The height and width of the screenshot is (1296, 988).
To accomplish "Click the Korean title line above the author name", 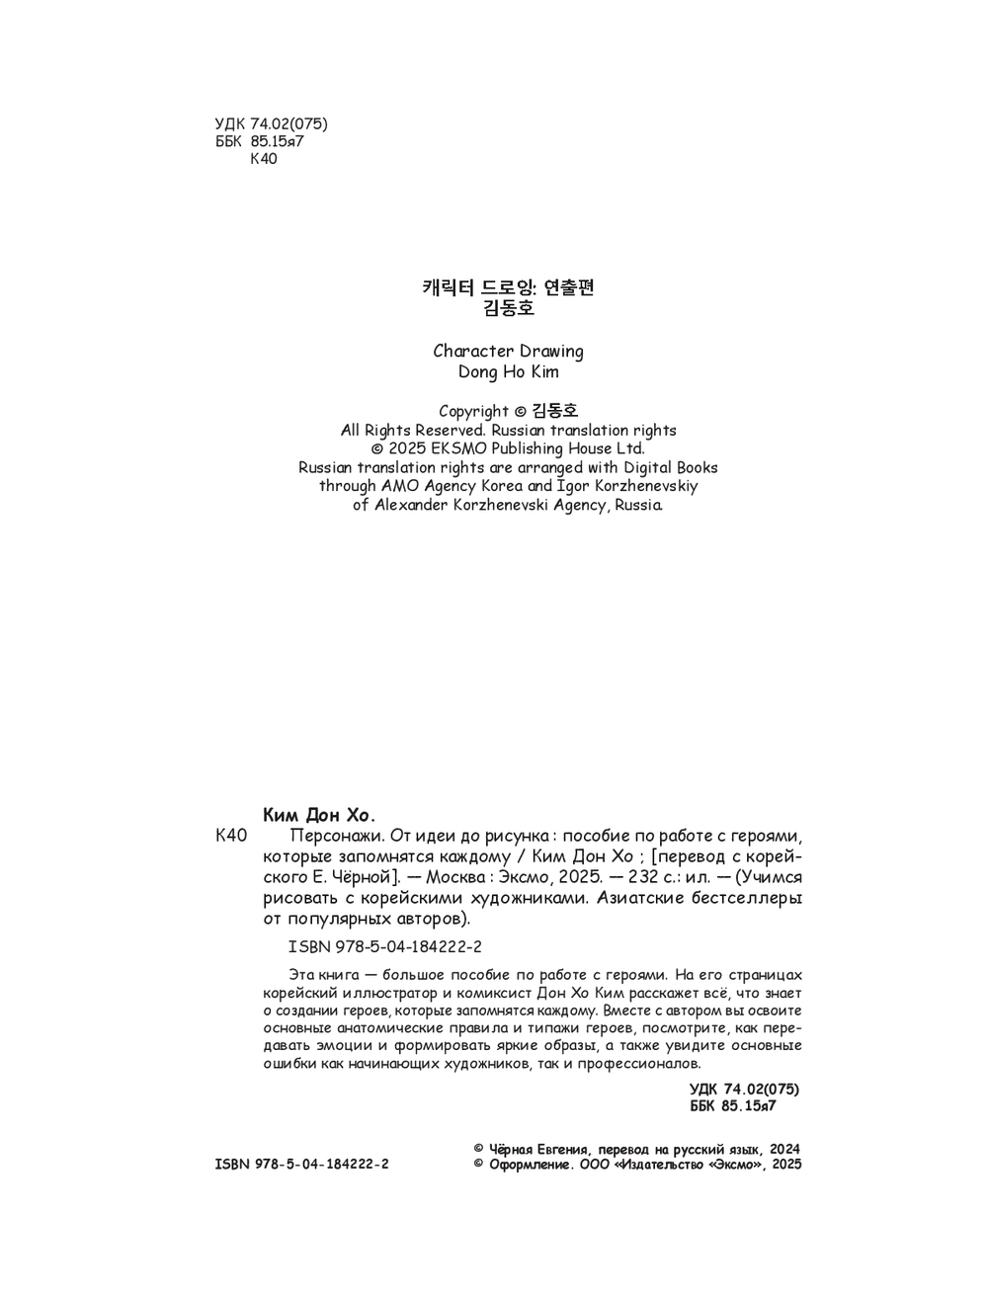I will coord(508,288).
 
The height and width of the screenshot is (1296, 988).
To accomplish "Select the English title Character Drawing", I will coord(508,352).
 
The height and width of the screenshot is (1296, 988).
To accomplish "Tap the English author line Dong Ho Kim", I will coord(508,372).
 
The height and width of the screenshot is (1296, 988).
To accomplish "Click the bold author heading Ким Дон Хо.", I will coord(320,816).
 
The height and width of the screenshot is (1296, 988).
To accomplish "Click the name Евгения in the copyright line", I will coord(565,1150).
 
